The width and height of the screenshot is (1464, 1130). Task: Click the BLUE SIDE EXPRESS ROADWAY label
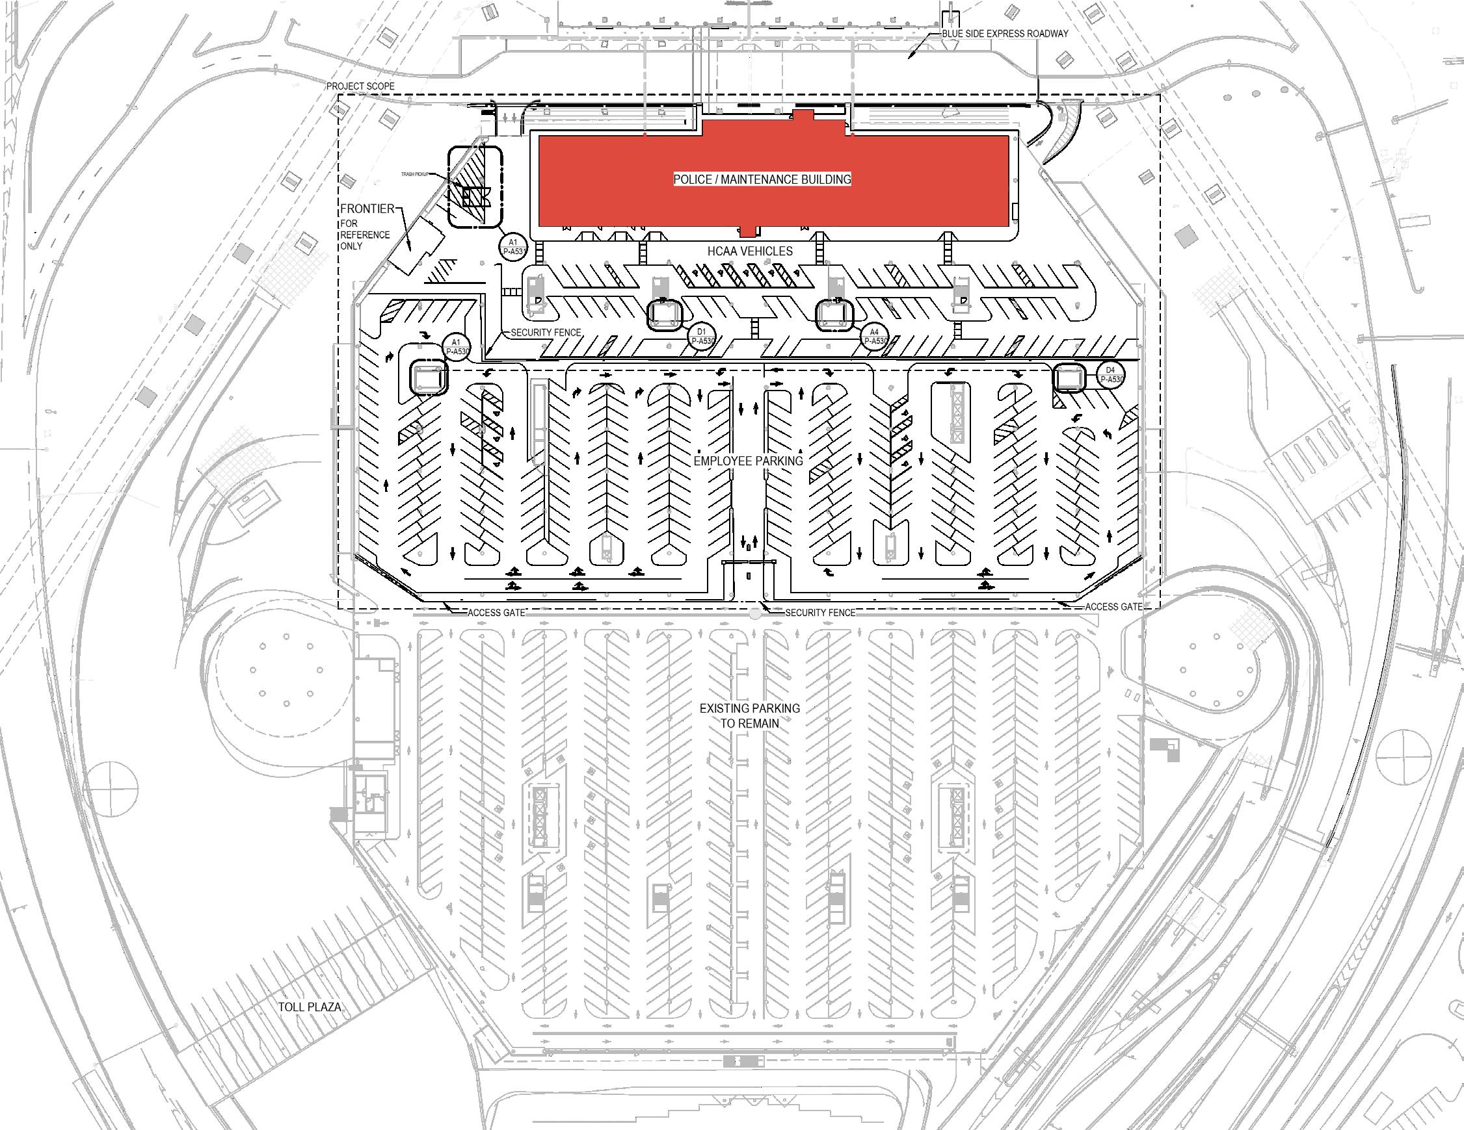(1005, 34)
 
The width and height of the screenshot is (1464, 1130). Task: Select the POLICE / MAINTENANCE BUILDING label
(762, 179)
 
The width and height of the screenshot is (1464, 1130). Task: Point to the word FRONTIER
(367, 209)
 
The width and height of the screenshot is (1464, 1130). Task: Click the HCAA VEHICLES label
(750, 251)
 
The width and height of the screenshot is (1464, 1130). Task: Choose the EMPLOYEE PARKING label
(748, 461)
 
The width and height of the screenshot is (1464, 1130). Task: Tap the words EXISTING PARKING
(749, 708)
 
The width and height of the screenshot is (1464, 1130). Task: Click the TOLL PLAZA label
(310, 1007)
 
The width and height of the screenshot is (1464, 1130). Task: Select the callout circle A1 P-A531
(513, 246)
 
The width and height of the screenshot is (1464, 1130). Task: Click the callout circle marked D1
(702, 336)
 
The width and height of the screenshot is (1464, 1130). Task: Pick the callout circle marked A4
(874, 336)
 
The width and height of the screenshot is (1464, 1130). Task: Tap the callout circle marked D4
(1110, 374)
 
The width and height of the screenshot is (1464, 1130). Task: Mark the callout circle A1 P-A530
(457, 346)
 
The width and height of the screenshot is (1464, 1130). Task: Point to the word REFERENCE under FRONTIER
(365, 235)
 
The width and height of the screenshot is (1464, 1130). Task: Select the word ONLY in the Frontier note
(352, 246)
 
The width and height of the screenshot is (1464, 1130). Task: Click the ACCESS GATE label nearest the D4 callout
(1113, 607)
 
